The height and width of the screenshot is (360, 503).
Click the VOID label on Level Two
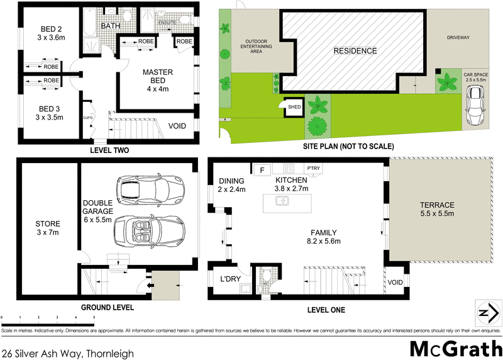pos(177,126)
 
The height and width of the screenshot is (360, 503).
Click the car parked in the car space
pos(475,106)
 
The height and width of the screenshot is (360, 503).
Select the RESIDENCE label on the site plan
pos(355,51)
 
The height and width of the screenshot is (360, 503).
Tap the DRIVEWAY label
pos(459,38)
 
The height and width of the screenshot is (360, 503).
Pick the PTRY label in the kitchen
pos(312,168)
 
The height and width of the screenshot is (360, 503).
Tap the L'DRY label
pos(230,279)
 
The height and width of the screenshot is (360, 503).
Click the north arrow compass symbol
pos(484,312)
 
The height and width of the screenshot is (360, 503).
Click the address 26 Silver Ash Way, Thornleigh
pos(68,354)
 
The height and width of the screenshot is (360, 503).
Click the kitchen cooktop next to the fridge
pos(289,169)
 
